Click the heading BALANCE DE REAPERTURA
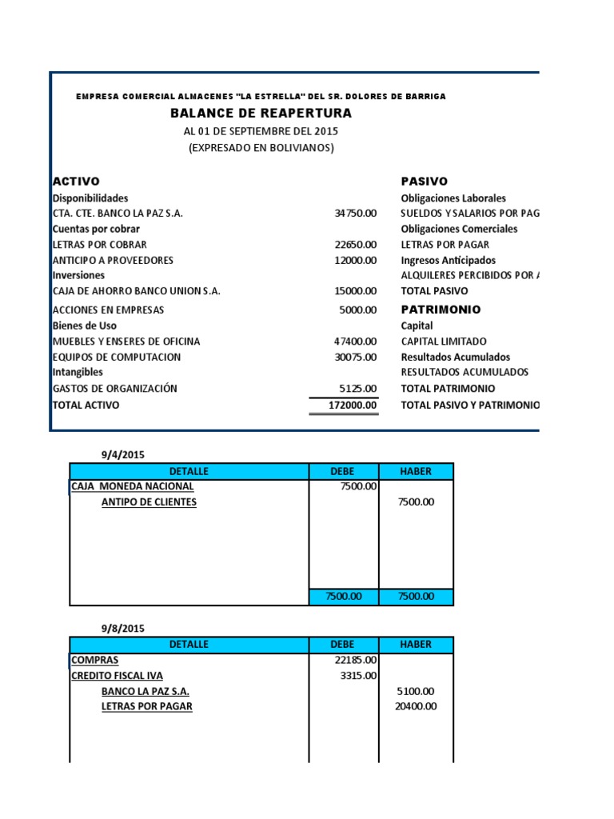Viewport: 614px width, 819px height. coord(261,114)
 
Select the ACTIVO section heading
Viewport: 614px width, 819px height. coord(76,182)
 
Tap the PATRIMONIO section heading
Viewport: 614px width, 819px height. coord(441,310)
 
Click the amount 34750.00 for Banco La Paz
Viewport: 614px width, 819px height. coord(355,214)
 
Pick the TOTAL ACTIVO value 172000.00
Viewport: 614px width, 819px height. coord(352,406)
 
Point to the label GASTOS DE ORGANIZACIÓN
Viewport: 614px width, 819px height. coord(114,389)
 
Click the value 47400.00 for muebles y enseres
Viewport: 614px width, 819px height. coord(355,342)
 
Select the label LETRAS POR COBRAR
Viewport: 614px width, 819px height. coord(99,245)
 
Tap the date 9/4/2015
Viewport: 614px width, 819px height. coord(122,454)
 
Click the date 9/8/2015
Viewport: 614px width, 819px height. coord(122,629)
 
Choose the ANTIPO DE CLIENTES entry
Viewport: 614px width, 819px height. coord(149,502)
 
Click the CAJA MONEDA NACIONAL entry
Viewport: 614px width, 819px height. coord(132,486)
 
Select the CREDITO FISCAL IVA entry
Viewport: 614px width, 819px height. coord(117,676)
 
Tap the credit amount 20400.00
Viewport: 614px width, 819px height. coord(416,707)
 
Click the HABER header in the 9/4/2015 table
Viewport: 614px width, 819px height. coord(416,471)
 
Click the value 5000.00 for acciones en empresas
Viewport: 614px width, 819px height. coord(357,310)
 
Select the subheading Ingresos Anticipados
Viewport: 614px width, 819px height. coord(448,260)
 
